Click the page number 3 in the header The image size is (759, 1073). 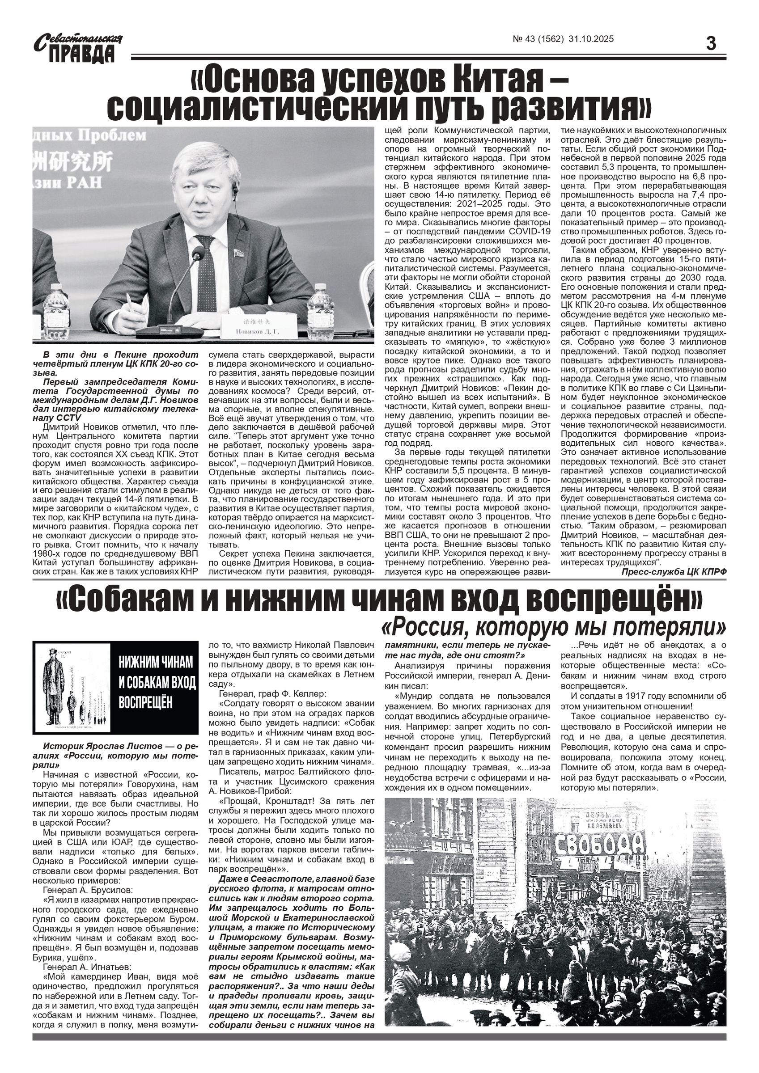tap(710, 44)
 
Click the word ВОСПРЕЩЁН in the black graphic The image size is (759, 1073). tap(145, 702)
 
